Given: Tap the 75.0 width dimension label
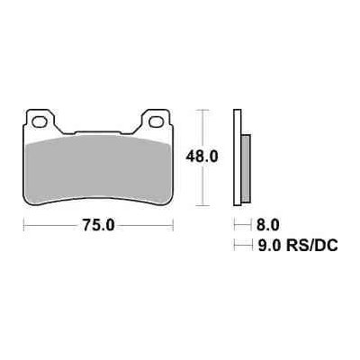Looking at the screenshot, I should click(99, 226).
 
